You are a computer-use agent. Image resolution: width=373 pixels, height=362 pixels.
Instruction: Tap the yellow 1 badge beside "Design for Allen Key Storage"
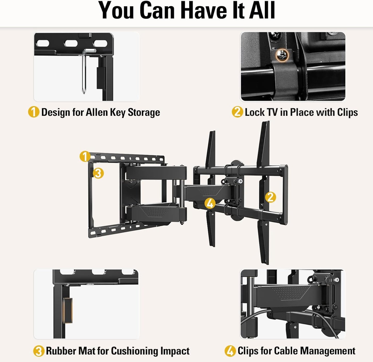click(x=34, y=112)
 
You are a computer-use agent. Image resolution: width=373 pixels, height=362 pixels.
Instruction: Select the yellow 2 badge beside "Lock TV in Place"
click(x=237, y=112)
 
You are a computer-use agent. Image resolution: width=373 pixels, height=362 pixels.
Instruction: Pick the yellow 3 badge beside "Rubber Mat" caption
click(x=39, y=351)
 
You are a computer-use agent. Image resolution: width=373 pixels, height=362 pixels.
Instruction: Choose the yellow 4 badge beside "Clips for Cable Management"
click(x=230, y=351)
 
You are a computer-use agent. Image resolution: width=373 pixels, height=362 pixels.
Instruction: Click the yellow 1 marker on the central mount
click(x=85, y=156)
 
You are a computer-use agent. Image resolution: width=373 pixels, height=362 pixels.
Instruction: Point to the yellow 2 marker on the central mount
click(x=271, y=197)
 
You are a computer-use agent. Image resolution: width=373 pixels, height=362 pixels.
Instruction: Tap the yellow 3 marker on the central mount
click(x=98, y=173)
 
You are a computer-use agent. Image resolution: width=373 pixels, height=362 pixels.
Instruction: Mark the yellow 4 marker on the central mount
click(x=210, y=203)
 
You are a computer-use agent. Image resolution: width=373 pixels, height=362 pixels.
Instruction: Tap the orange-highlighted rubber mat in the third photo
click(x=68, y=310)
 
